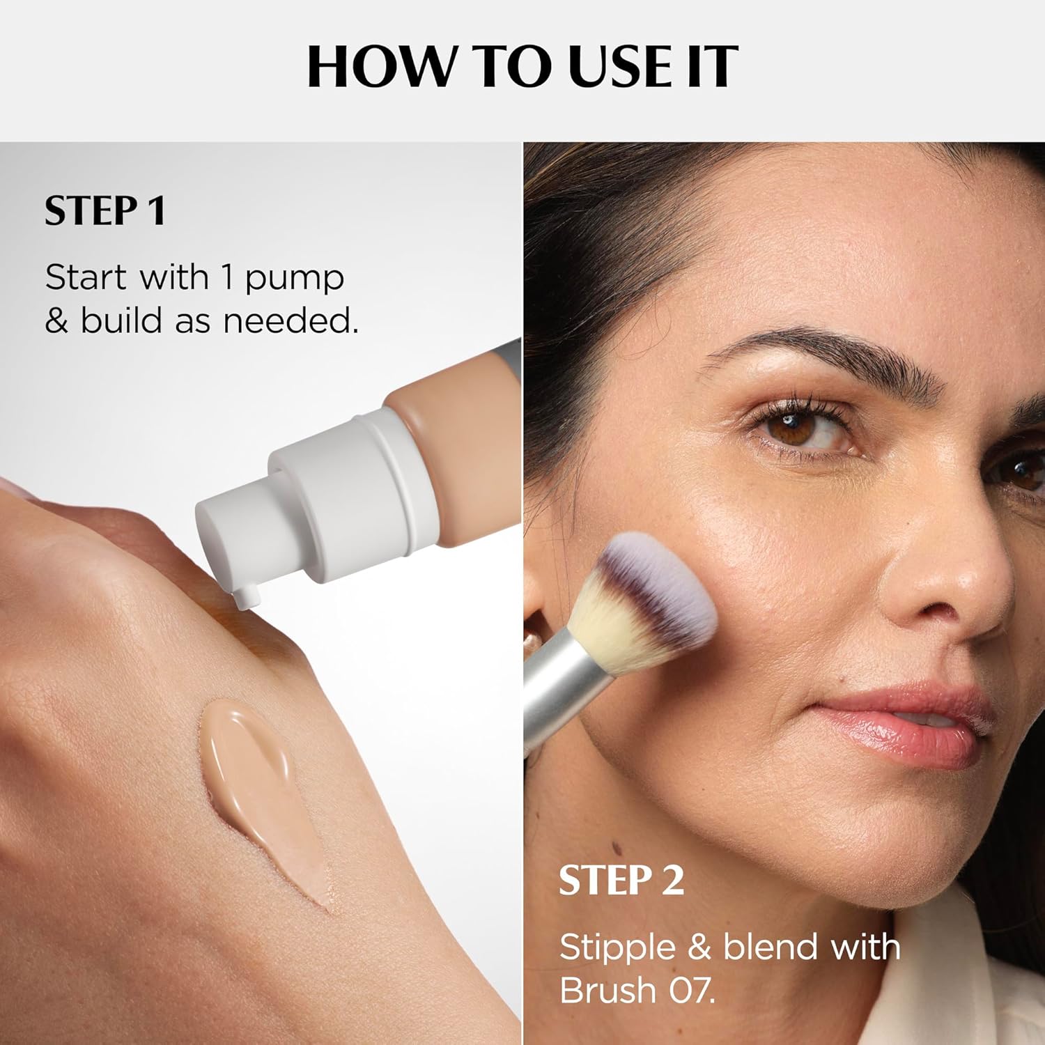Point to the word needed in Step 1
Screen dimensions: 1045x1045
point(290,321)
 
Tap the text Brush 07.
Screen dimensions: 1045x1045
point(637,990)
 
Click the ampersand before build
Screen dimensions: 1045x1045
point(56,321)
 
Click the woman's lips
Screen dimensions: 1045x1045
point(906,725)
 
